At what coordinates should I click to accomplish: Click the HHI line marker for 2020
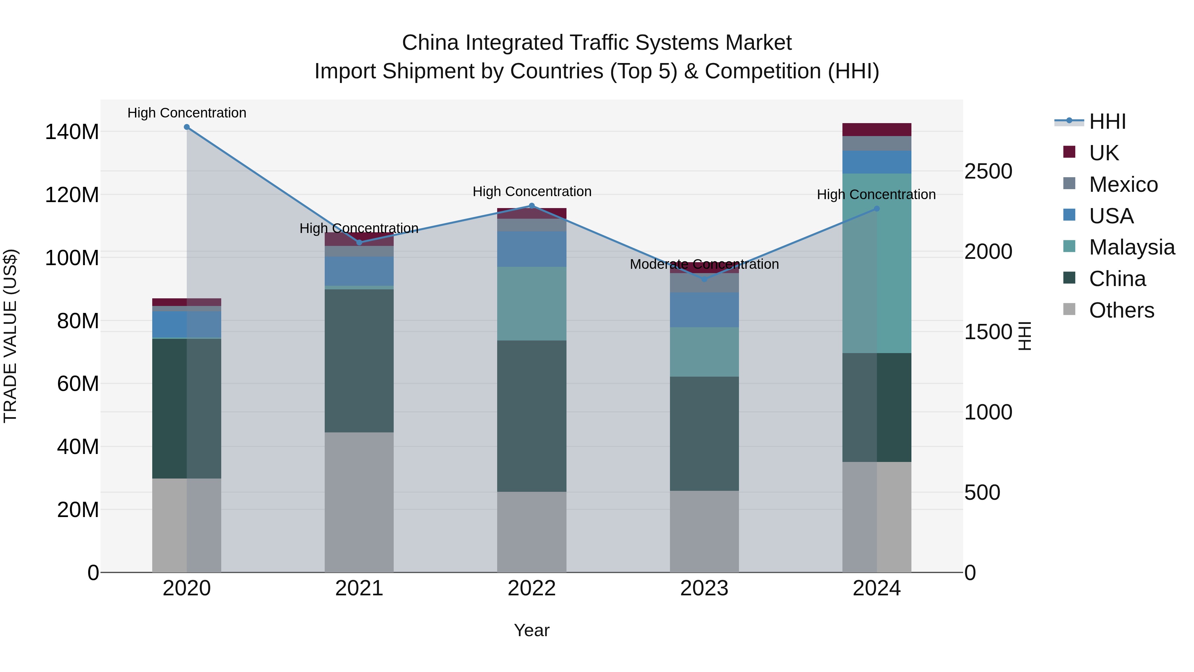pyautogui.click(x=187, y=127)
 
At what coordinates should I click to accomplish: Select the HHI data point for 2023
pyautogui.click(x=704, y=279)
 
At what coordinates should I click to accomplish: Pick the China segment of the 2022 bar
pyautogui.click(x=532, y=416)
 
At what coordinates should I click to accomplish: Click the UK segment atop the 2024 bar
pyautogui.click(x=877, y=129)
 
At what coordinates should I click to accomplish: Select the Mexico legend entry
pyautogui.click(x=1123, y=185)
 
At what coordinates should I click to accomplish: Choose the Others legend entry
pyautogui.click(x=1121, y=310)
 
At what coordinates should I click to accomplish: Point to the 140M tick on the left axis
pyautogui.click(x=72, y=132)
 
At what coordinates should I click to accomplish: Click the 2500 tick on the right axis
pyautogui.click(x=988, y=172)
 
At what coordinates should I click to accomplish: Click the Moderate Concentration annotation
pyautogui.click(x=704, y=264)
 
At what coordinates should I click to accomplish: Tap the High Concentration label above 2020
pyautogui.click(x=187, y=113)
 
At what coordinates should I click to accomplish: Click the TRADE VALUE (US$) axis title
pyautogui.click(x=10, y=336)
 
